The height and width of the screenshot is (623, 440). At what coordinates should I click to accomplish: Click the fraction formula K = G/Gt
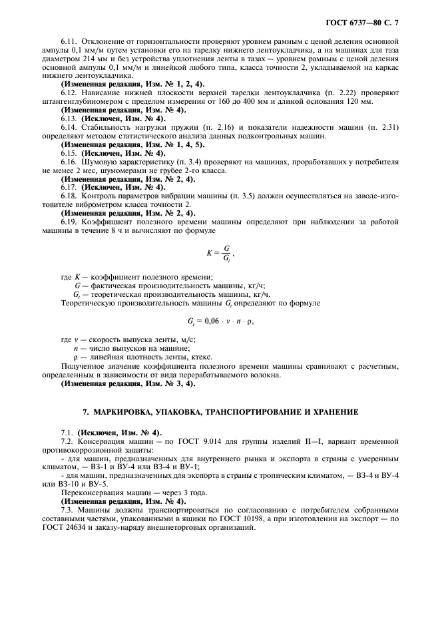click(220, 254)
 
